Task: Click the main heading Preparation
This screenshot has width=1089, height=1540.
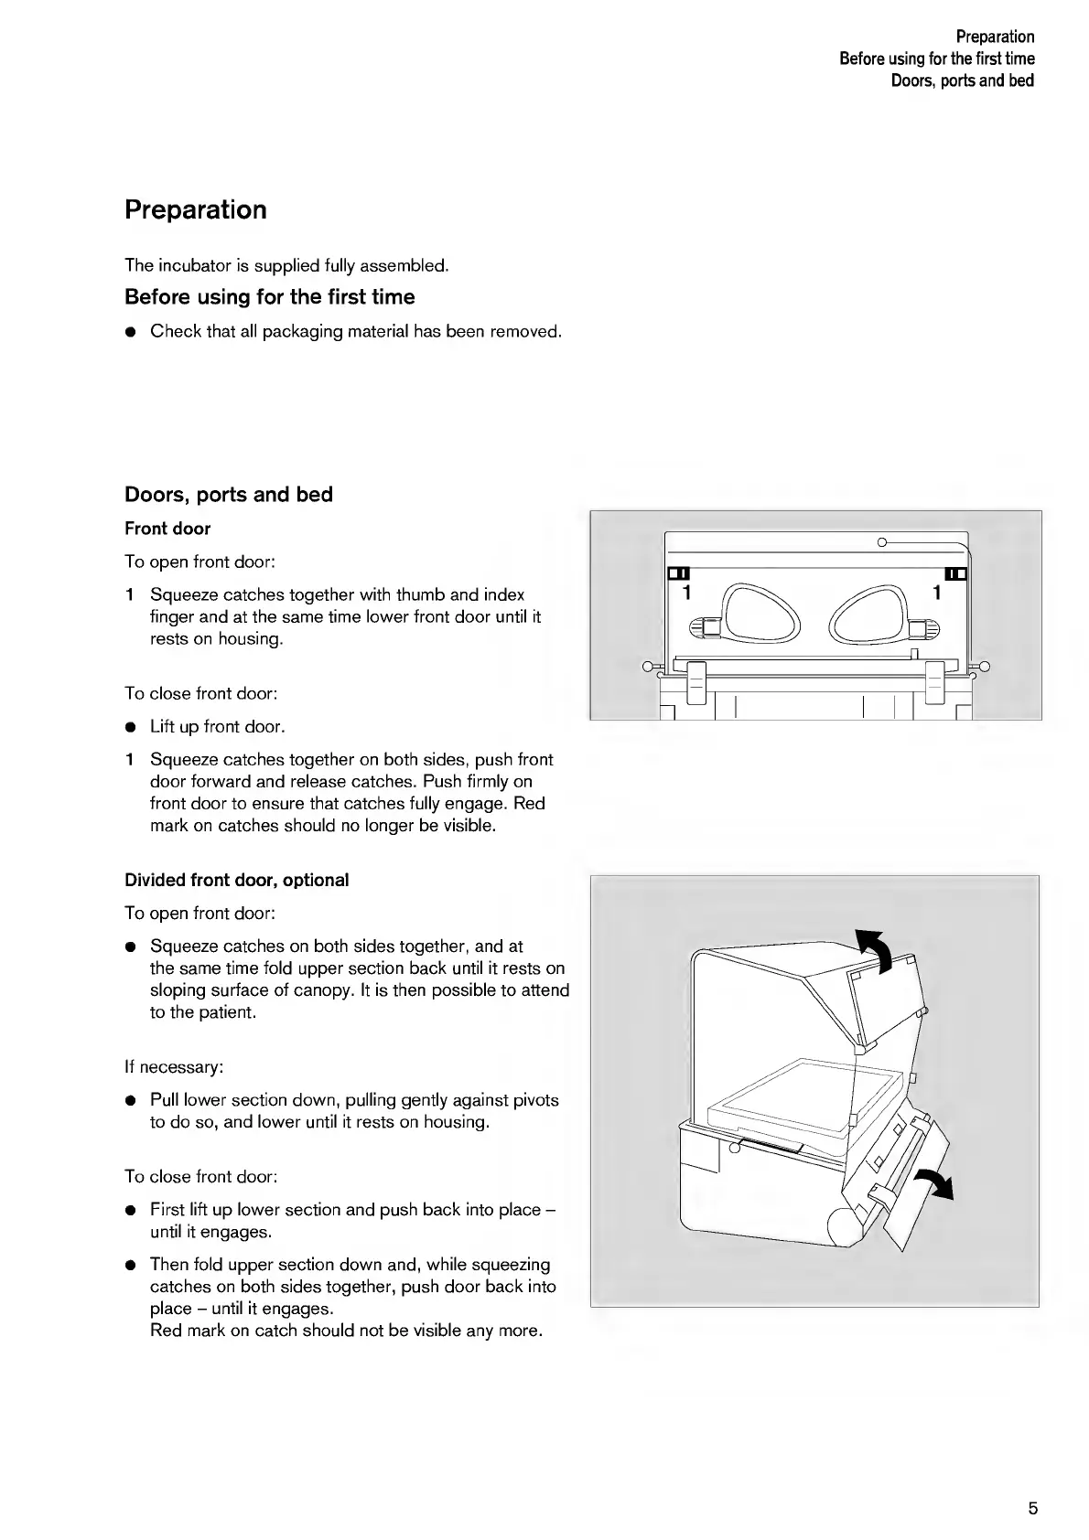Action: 196,210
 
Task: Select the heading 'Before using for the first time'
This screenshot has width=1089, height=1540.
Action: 269,297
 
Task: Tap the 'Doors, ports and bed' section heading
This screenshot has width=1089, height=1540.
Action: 229,495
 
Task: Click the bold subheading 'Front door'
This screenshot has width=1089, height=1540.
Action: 167,529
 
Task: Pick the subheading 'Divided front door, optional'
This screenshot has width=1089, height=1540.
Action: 236,880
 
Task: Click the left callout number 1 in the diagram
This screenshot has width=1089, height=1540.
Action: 685,594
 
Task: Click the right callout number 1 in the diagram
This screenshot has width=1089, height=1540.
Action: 936,594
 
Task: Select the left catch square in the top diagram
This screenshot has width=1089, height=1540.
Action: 678,574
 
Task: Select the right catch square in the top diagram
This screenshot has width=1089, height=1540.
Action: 955,574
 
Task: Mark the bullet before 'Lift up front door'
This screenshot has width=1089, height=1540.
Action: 131,728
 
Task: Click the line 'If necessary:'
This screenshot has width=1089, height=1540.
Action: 174,1067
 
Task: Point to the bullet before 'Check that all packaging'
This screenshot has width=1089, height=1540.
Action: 131,332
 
